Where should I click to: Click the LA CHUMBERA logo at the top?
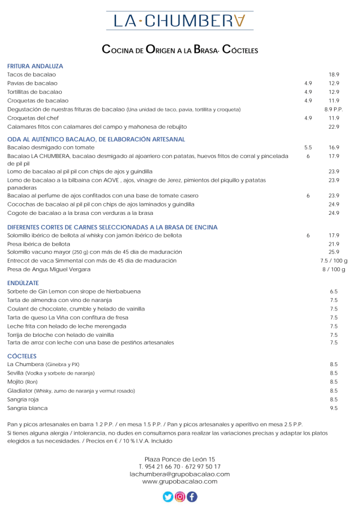click(180, 21)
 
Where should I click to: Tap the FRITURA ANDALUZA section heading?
click(35, 66)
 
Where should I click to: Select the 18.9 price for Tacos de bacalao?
click(334, 74)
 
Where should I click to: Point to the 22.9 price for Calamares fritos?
click(334, 127)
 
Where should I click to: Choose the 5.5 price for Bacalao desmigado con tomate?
click(308, 147)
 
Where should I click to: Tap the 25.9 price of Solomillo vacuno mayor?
click(334, 252)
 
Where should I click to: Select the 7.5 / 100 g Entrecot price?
click(334, 261)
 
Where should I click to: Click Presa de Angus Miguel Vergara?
click(49, 269)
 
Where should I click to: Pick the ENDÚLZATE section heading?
click(23, 283)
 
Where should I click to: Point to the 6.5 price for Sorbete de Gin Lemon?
click(334, 292)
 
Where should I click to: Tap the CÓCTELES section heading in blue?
click(22, 356)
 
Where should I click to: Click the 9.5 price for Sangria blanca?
click(334, 408)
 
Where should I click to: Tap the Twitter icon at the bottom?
click(168, 497)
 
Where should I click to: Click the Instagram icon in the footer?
click(180, 497)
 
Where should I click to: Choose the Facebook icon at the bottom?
click(192, 497)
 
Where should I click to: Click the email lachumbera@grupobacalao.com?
click(179, 474)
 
